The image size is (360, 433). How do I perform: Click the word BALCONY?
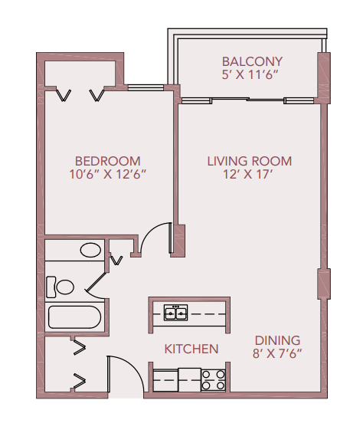[x=252, y=61]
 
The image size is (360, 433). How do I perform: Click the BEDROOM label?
[x=107, y=161]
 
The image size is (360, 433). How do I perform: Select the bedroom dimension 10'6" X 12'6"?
[x=107, y=175]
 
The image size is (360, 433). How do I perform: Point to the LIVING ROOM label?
[x=249, y=161]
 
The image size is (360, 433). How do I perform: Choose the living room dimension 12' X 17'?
[x=249, y=175]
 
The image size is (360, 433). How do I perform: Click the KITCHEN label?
[x=191, y=349]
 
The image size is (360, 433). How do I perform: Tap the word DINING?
[x=277, y=340]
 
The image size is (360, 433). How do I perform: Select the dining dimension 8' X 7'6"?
[x=277, y=354]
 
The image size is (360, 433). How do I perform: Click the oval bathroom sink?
[x=91, y=250]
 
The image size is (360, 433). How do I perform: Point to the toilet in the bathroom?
[x=61, y=287]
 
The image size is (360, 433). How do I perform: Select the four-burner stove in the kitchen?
[x=212, y=379]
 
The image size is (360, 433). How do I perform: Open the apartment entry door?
[x=124, y=373]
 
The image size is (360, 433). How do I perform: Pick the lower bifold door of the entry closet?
[x=79, y=379]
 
